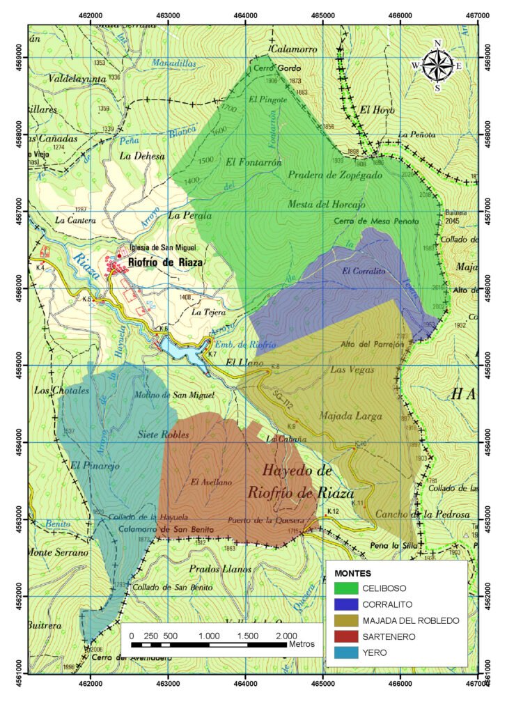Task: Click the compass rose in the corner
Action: click(437, 66)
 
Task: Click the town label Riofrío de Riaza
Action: click(166, 263)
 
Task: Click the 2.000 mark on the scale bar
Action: click(286, 636)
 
